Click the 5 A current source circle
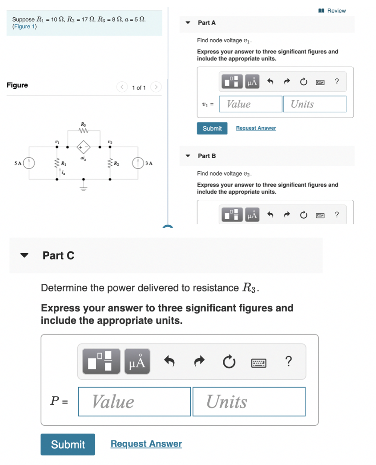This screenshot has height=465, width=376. (x=29, y=163)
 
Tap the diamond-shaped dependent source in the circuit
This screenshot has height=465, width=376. (x=83, y=147)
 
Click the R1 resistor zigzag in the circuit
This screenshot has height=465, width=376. (x=56, y=164)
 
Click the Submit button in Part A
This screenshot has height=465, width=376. (x=212, y=128)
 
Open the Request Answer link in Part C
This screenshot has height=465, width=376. (x=146, y=444)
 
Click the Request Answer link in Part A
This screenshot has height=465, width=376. (x=256, y=128)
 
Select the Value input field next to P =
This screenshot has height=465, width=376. (x=134, y=402)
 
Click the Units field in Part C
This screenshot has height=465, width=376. (x=249, y=402)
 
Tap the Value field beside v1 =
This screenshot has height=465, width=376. (x=251, y=104)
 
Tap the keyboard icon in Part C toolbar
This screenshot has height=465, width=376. (x=259, y=363)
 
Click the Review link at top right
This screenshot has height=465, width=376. (x=332, y=10)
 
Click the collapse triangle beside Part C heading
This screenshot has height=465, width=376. (x=25, y=255)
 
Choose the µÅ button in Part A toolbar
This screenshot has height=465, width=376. (x=253, y=81)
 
